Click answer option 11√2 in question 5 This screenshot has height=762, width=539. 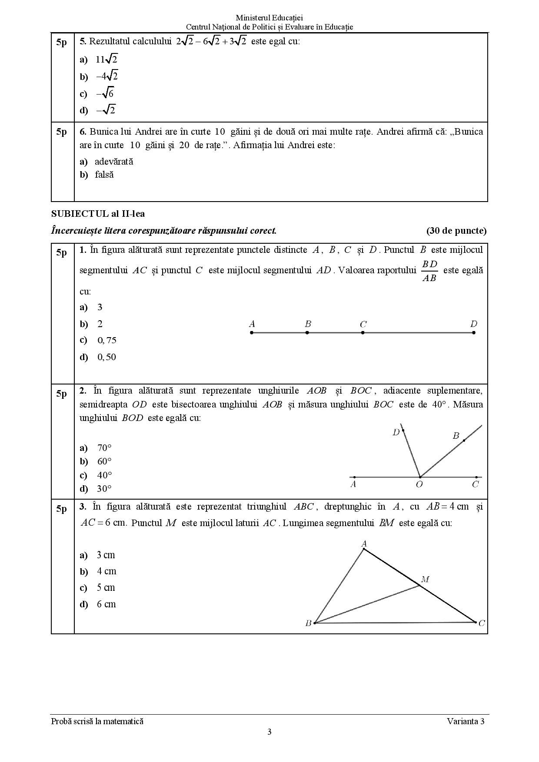pyautogui.click(x=106, y=60)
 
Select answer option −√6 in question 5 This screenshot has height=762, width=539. pyautogui.click(x=105, y=93)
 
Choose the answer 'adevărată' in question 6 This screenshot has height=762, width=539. pyautogui.click(x=113, y=162)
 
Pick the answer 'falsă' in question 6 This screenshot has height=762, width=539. pyautogui.click(x=104, y=175)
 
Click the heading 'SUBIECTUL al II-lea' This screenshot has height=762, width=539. pyautogui.click(x=98, y=214)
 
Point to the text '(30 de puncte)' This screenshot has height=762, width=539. pyautogui.click(x=456, y=231)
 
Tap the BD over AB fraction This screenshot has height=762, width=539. pyautogui.click(x=429, y=271)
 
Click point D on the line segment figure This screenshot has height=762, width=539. pyautogui.click(x=474, y=332)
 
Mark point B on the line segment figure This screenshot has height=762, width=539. pyautogui.click(x=307, y=332)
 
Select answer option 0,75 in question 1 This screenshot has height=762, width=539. pyautogui.click(x=106, y=340)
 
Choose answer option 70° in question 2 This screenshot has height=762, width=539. pyautogui.click(x=104, y=448)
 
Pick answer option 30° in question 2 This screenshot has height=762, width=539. pyautogui.click(x=104, y=489)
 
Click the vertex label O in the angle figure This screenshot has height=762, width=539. pyautogui.click(x=419, y=484)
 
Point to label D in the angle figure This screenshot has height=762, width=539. pyautogui.click(x=396, y=432)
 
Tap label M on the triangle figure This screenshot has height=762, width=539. pyautogui.click(x=425, y=579)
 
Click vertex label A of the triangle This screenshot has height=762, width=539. pyautogui.click(x=364, y=543)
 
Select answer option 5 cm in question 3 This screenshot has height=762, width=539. pyautogui.click(x=106, y=588)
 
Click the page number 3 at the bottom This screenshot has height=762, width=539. pyautogui.click(x=269, y=732)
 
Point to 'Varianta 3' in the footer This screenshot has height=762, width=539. pyautogui.click(x=465, y=722)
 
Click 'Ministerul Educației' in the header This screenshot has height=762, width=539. pyautogui.click(x=269, y=18)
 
